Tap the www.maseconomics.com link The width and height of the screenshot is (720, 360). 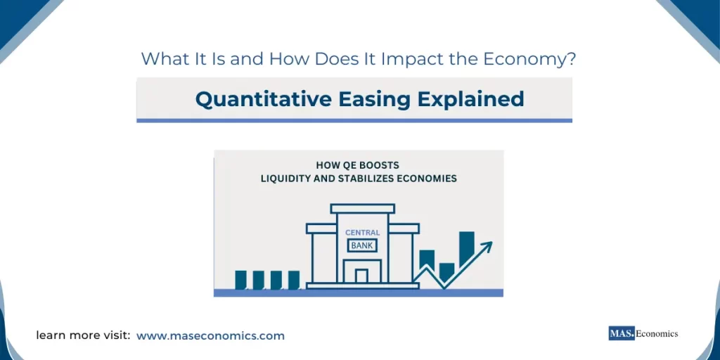pyautogui.click(x=210, y=336)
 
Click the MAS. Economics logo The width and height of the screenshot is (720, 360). pyautogui.click(x=643, y=334)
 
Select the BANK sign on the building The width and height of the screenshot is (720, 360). pyautogui.click(x=362, y=245)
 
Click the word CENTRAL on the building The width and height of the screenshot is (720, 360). pyautogui.click(x=362, y=233)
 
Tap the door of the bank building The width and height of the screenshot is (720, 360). pyautogui.click(x=361, y=276)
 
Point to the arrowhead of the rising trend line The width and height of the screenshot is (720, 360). pyautogui.click(x=487, y=246)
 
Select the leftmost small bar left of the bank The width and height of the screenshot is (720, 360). pyautogui.click(x=240, y=280)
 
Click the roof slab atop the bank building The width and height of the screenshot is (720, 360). pyautogui.click(x=362, y=208)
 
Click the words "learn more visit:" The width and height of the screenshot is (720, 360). pyautogui.click(x=83, y=336)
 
